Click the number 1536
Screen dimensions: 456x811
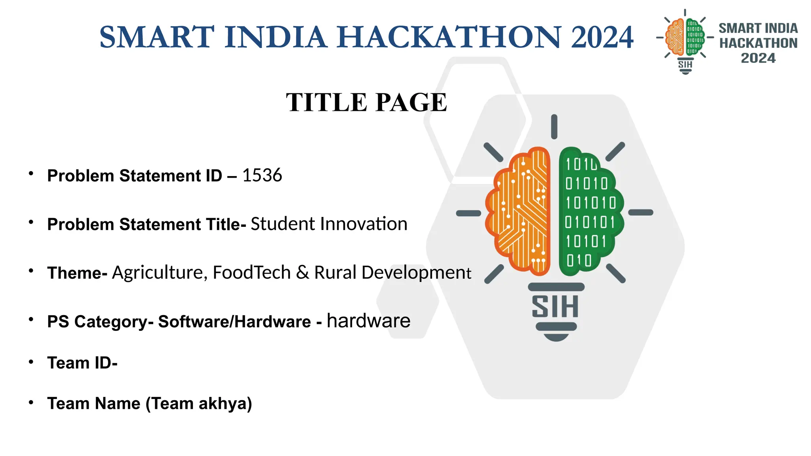coord(262,175)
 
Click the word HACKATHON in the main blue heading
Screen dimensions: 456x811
coord(449,37)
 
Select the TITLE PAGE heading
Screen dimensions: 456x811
coord(367,103)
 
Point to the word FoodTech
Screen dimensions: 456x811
coord(252,272)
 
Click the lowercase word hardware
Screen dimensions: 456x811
coord(369,321)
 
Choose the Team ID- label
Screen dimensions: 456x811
coord(82,363)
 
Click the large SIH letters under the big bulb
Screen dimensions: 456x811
coord(555,307)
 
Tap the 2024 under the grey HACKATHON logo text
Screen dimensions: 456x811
coord(758,58)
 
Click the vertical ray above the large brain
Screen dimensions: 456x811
coord(554,127)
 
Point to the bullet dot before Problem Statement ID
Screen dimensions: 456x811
coord(31,173)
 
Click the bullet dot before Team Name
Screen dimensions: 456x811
coord(31,402)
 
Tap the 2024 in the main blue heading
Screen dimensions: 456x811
coord(602,37)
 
